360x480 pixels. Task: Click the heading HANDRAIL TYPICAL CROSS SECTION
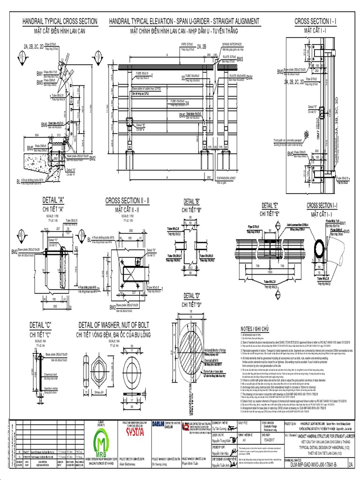click(x=60, y=22)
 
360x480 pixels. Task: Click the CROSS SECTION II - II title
click(x=127, y=200)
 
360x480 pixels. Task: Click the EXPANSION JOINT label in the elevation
click(x=225, y=178)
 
